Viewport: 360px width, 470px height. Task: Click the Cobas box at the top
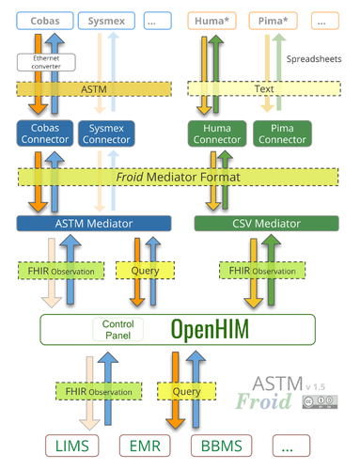[x=42, y=19]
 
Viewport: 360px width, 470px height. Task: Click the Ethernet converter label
[x=40, y=62]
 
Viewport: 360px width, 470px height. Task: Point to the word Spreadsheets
[x=313, y=58]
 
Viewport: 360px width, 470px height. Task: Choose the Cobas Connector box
[x=43, y=133]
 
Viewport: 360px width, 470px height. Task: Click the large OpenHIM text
[x=212, y=329]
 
